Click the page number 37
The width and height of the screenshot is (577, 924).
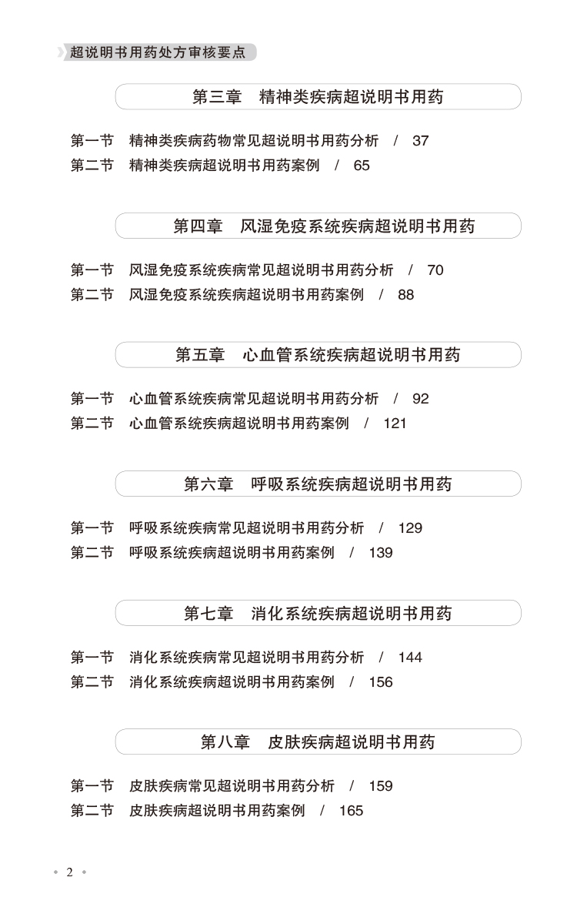(x=420, y=141)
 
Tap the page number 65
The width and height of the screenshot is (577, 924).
(x=362, y=166)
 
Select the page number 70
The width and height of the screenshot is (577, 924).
(x=435, y=270)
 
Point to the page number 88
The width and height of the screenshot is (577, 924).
(x=405, y=295)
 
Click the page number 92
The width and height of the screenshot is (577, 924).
(x=420, y=399)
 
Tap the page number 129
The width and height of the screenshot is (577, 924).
(x=410, y=528)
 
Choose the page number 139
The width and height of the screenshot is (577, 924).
(x=381, y=553)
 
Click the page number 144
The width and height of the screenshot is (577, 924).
(x=410, y=658)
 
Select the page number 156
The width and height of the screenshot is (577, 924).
(x=381, y=682)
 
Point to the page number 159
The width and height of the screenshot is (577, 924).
(x=381, y=786)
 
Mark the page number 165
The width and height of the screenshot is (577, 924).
(x=351, y=811)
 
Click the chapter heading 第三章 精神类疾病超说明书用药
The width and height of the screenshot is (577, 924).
(x=318, y=97)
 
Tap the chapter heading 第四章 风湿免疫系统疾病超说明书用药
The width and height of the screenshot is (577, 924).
(x=324, y=226)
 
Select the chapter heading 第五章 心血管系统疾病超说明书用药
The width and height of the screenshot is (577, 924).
(x=318, y=355)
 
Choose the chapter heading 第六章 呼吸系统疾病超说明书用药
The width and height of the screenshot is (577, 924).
(x=318, y=484)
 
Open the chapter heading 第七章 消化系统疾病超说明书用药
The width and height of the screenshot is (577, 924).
(x=318, y=614)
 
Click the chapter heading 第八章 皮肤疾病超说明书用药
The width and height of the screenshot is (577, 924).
(x=318, y=742)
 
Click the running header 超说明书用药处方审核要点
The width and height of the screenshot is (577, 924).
(x=158, y=52)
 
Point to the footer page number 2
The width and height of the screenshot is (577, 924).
(x=69, y=872)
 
